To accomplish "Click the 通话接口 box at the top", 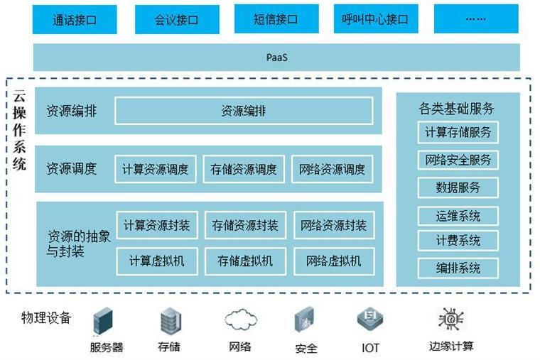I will (75, 19).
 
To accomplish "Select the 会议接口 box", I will (175, 19).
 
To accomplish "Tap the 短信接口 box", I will (276, 19).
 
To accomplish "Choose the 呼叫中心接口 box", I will (376, 19).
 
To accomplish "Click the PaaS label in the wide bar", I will (276, 58).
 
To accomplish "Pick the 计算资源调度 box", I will (156, 169).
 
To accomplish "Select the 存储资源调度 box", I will (244, 169).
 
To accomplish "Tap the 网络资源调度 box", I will (333, 169).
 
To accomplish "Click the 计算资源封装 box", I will (156, 225).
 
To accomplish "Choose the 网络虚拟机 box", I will (333, 261).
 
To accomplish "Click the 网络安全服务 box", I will (458, 160).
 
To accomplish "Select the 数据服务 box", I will (458, 187).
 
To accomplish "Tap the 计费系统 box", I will (458, 241).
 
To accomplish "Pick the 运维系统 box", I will (458, 216).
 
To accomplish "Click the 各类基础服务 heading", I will (457, 109).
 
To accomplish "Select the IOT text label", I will (370, 348).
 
